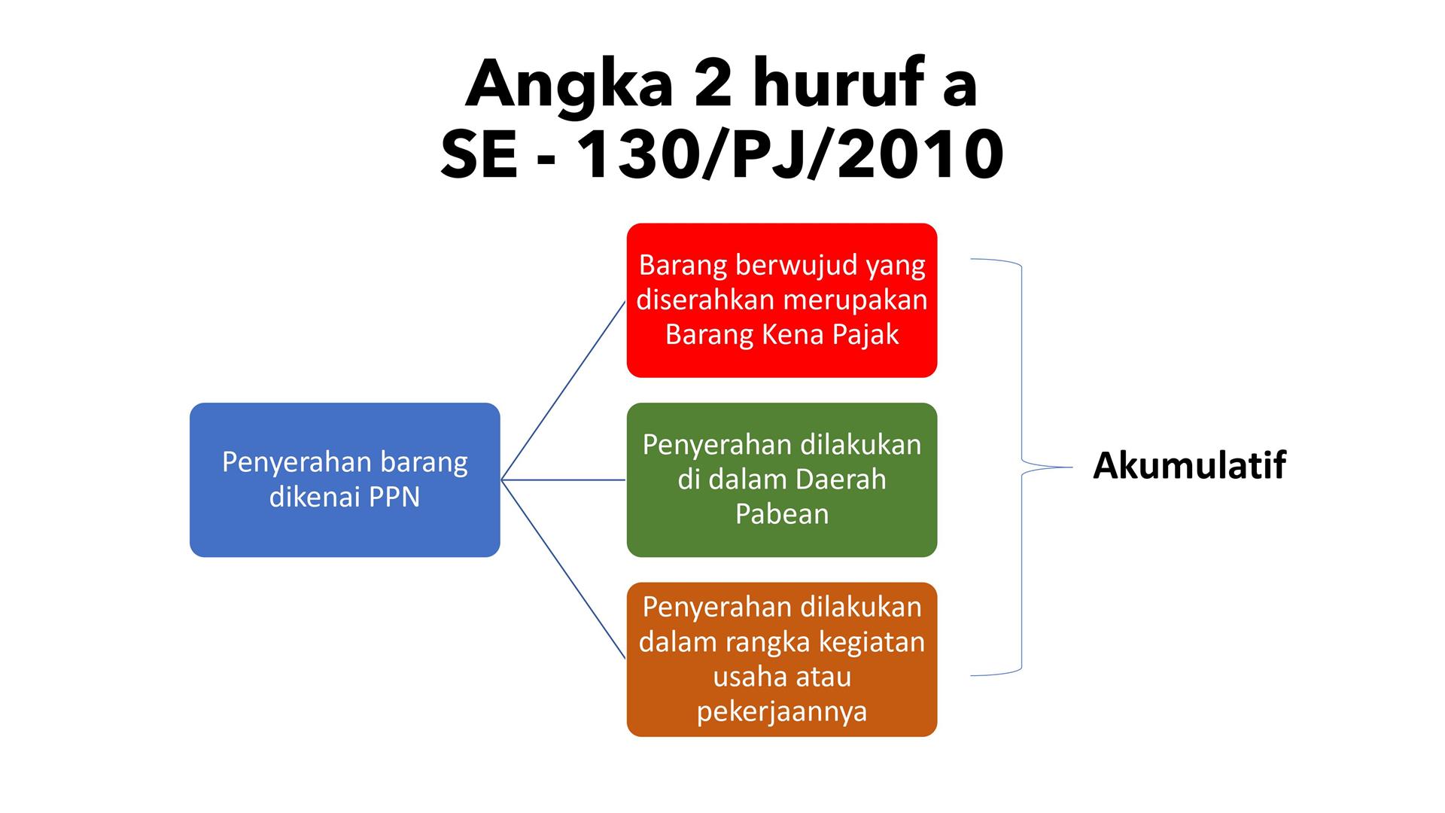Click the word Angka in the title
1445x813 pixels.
tap(569, 84)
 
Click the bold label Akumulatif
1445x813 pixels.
tap(1189, 464)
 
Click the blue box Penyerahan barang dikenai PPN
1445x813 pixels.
tap(345, 480)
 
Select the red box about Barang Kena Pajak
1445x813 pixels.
tap(782, 300)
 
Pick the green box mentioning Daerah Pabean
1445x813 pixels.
tap(782, 480)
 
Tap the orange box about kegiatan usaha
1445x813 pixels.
tap(782, 659)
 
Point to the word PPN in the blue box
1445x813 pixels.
tap(394, 497)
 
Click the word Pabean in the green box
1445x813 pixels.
tap(782, 513)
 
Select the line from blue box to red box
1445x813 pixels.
tap(563, 390)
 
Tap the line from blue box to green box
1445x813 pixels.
tap(563, 480)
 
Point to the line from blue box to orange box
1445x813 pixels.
tap(563, 569)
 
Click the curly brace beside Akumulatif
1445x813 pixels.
tap(1022, 467)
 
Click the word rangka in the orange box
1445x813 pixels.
tap(768, 643)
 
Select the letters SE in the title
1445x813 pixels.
tap(479, 155)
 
